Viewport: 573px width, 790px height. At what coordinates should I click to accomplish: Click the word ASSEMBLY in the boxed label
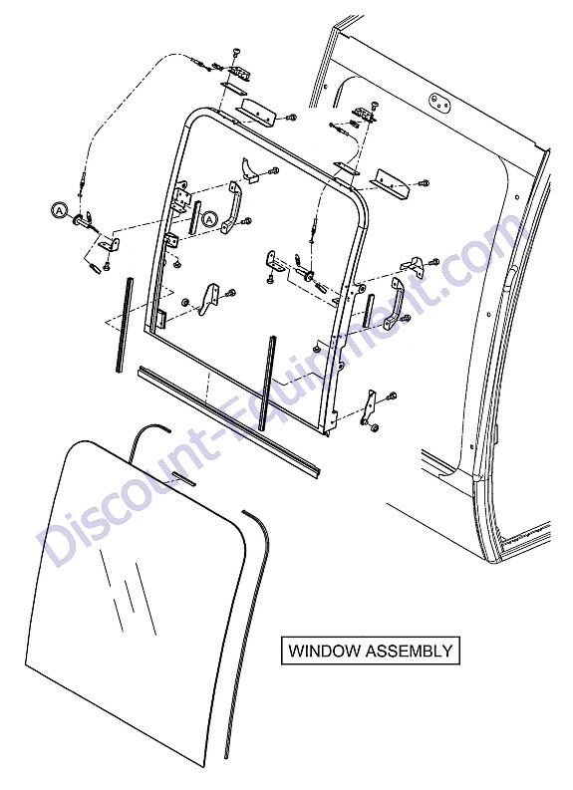(x=409, y=651)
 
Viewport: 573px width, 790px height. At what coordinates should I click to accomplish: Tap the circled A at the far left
(x=59, y=210)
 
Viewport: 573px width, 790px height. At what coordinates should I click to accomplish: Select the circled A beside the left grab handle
(x=210, y=218)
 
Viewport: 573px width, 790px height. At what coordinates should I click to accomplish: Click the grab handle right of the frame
(x=396, y=304)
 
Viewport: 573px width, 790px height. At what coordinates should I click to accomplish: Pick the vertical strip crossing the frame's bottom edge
(x=267, y=383)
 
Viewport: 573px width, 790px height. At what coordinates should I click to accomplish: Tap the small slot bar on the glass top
(x=183, y=478)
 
